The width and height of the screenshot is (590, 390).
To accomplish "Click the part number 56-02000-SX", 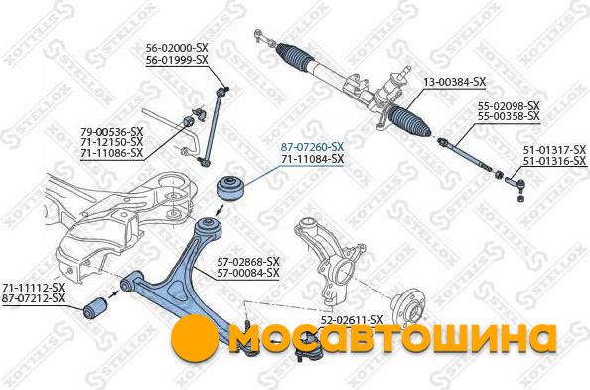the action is pyautogui.click(x=177, y=48).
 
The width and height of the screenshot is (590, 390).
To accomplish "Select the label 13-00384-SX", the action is pyautogui.click(x=455, y=82).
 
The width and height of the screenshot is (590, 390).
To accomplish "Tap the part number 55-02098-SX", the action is pyautogui.click(x=509, y=105).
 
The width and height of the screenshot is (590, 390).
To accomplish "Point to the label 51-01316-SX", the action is pyautogui.click(x=555, y=161).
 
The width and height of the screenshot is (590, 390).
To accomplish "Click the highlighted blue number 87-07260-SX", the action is pyautogui.click(x=312, y=147).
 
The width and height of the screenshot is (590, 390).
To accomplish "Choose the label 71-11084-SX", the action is pyautogui.click(x=312, y=159).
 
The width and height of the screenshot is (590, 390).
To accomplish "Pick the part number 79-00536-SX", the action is pyautogui.click(x=112, y=132).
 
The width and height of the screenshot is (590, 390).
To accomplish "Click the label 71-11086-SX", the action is pyautogui.click(x=112, y=153).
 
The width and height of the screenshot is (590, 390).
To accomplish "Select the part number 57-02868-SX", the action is pyautogui.click(x=248, y=261).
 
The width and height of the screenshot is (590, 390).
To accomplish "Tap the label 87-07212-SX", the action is pyautogui.click(x=33, y=298).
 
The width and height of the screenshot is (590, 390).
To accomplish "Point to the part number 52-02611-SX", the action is pyautogui.click(x=352, y=320).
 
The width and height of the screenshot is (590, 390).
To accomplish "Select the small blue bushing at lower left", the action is pyautogui.click(x=96, y=307).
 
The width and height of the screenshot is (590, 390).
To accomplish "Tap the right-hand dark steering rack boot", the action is pyautogui.click(x=410, y=121).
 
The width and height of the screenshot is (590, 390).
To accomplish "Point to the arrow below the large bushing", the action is pyautogui.click(x=220, y=210).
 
